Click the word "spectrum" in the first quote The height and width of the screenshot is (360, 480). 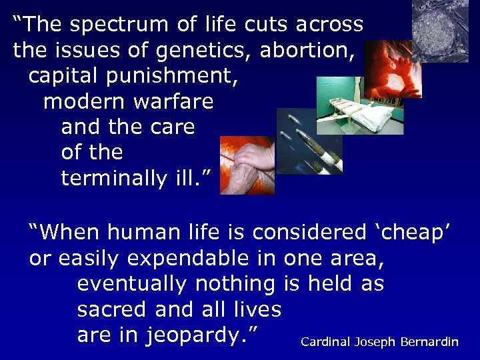tap(133, 25)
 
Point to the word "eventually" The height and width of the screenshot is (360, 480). tap(133, 284)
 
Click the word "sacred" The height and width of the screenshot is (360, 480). tap(112, 309)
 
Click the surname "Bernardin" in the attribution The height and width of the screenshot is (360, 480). tap(429, 342)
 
